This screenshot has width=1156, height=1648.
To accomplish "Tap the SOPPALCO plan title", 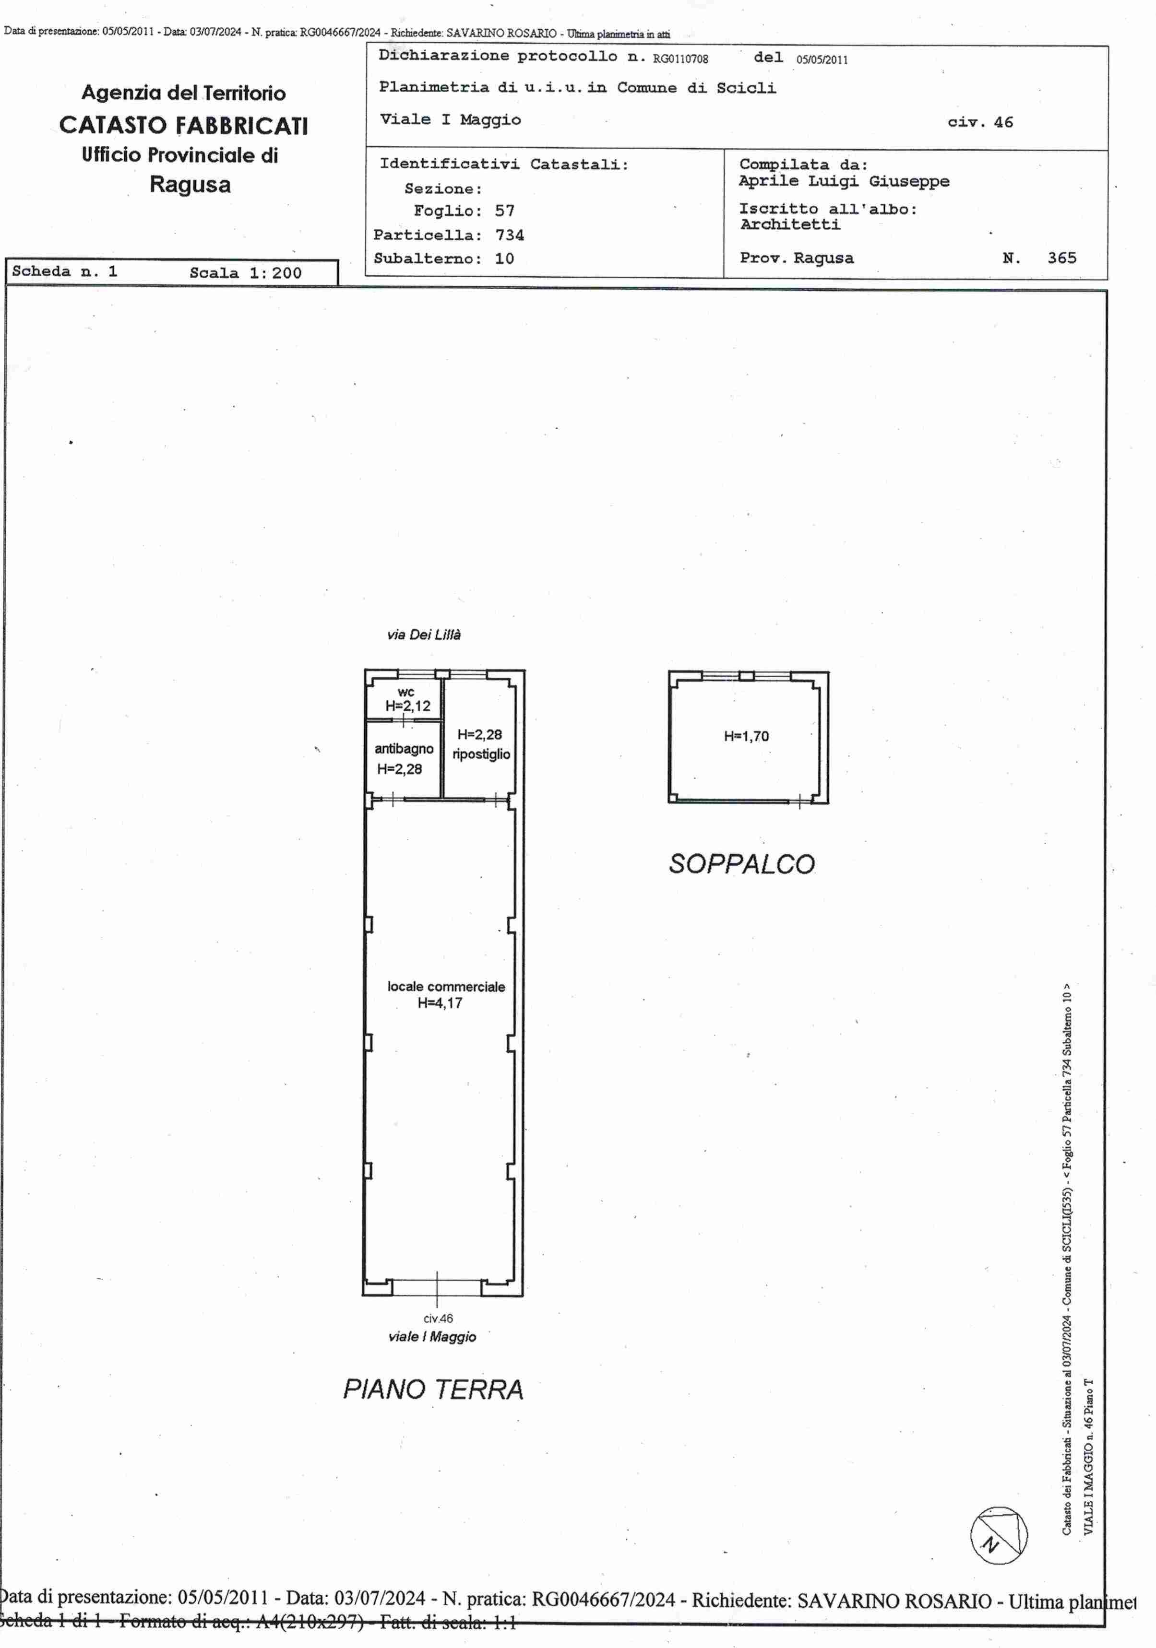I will point(742,863).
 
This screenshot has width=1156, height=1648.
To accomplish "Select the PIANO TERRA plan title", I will point(433,1389).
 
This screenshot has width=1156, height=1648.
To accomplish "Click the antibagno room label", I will point(404,749).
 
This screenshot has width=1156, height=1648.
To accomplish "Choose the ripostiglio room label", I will point(481,753).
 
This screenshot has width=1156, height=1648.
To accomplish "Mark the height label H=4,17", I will point(440,1003).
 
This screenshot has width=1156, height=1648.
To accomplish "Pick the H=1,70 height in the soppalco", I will point(746,736).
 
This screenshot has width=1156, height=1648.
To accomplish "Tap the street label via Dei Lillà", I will point(424,635).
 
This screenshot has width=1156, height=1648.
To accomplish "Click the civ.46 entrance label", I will point(438,1318).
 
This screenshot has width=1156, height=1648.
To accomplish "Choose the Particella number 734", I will point(509,235).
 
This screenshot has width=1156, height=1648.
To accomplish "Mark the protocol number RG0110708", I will point(680,59).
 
